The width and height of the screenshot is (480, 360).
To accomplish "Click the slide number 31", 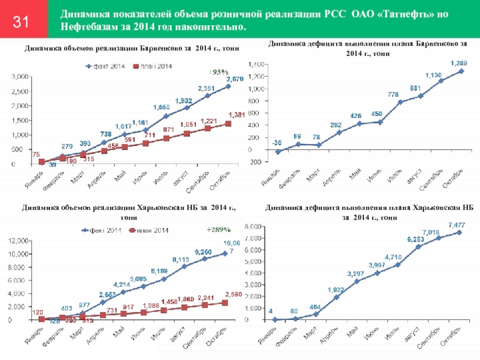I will point(22,22).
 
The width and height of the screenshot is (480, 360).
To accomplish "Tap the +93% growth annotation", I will point(220,71).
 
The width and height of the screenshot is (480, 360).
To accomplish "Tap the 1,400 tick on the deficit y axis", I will point(256,64).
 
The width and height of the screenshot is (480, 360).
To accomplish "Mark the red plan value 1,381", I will point(237,115).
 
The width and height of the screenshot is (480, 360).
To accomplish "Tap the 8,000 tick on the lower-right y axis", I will point(255,227).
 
